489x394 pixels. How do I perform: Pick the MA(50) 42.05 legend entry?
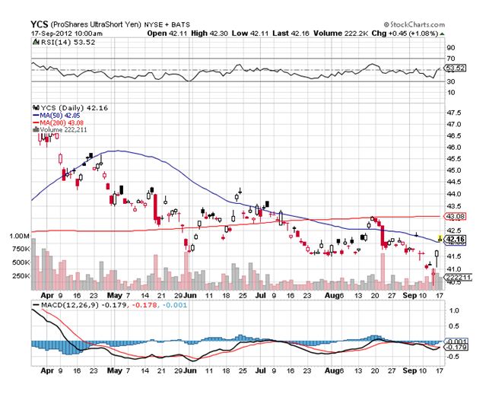62,115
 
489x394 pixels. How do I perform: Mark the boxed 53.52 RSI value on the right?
455,68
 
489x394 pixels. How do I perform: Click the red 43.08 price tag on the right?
455,217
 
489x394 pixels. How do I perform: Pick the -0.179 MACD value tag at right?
456,348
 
